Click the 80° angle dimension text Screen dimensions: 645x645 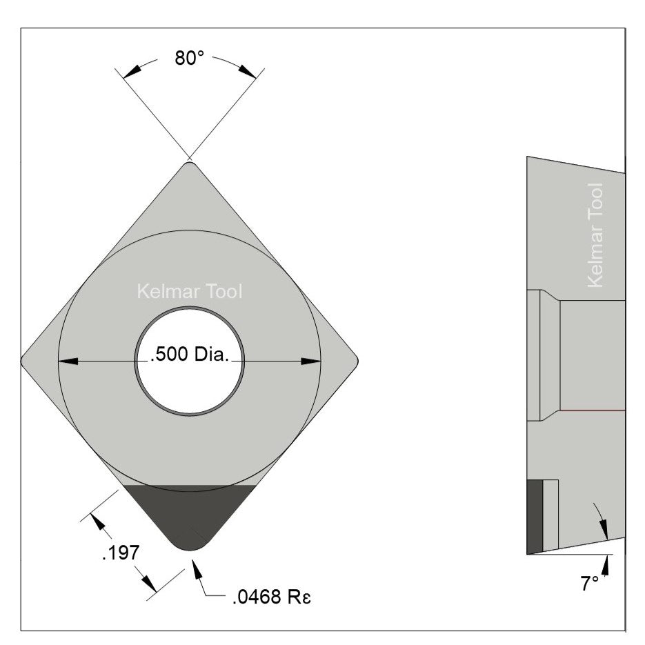[189, 58]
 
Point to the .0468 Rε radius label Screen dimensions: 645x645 [272, 595]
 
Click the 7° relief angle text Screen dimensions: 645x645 [589, 584]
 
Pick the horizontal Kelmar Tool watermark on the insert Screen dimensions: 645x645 [190, 292]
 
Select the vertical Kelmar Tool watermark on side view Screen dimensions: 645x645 [595, 235]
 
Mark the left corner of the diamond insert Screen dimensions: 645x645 [23, 359]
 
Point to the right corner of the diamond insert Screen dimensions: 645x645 [356, 359]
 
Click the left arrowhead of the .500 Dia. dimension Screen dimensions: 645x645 [66, 360]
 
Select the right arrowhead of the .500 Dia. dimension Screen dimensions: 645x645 [312, 360]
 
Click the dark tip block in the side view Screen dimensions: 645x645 [535, 517]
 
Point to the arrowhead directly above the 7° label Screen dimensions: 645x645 [606, 564]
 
